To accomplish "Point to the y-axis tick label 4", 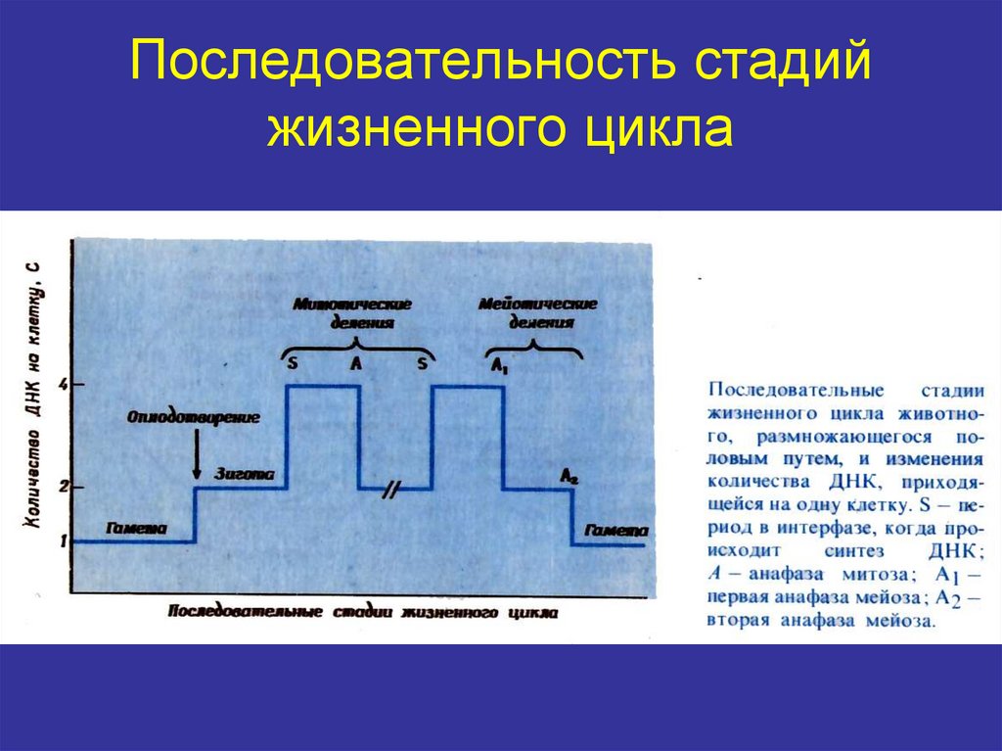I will point(63,385).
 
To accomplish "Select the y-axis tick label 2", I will point(63,487).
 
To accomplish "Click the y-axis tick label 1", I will point(63,540).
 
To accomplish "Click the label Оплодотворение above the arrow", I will point(194,418).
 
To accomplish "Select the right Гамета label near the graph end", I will point(615,530).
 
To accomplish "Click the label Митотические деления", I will point(354,313).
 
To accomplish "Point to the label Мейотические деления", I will point(537,313).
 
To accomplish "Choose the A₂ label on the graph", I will point(569,476).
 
